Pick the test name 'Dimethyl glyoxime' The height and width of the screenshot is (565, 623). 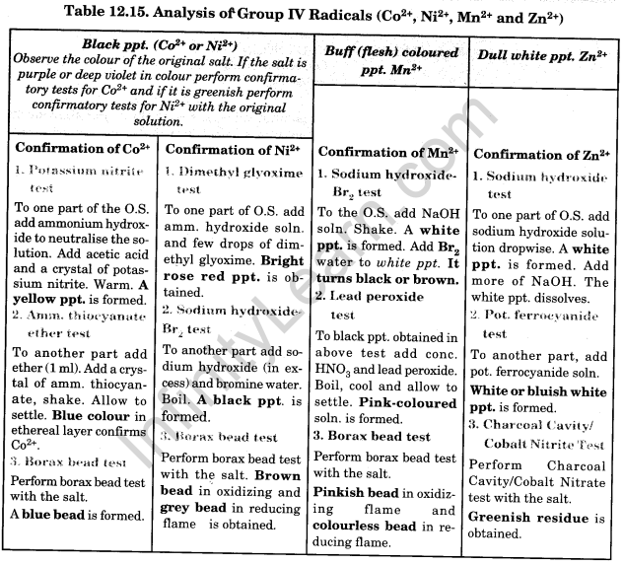238,172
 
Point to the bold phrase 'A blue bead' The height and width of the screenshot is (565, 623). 49,514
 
